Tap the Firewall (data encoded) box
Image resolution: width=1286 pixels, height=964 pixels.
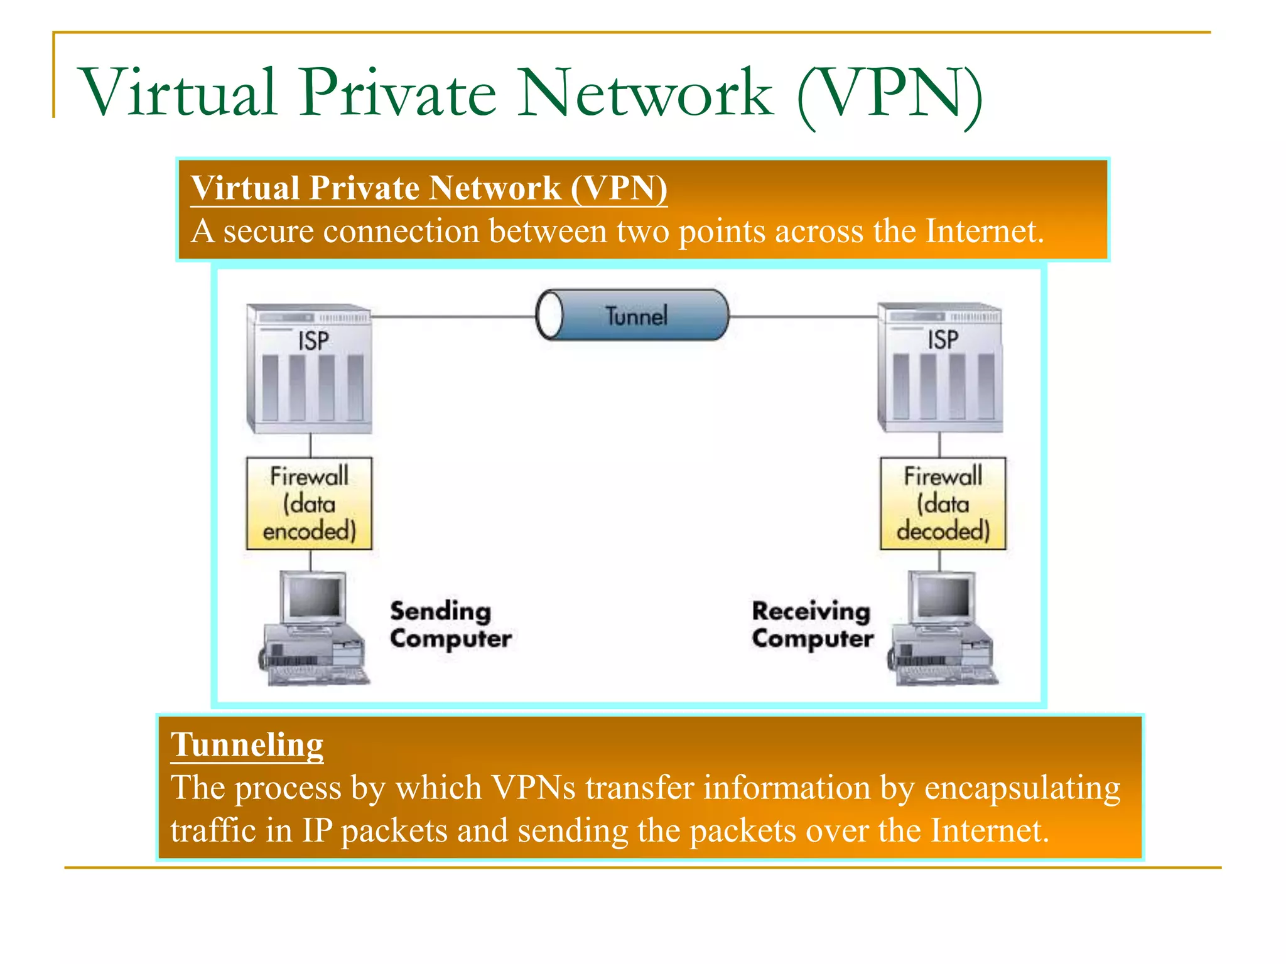[309, 503]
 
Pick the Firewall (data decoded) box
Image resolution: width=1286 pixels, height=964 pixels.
[943, 503]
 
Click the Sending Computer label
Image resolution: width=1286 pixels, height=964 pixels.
[450, 624]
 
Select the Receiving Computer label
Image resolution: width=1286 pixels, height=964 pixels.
[812, 624]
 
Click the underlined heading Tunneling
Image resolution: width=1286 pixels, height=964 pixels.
[247, 745]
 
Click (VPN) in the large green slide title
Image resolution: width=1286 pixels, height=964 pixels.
[889, 94]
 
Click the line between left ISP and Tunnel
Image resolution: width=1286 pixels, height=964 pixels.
[452, 317]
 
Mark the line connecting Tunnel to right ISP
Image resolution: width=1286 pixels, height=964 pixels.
[804, 317]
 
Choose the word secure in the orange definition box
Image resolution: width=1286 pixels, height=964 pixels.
[269, 231]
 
